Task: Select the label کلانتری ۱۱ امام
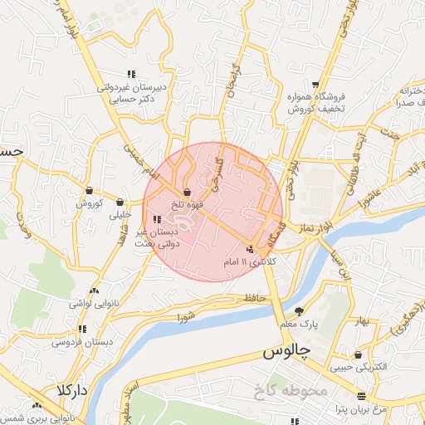tap(249, 261)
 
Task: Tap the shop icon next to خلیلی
tap(120, 202)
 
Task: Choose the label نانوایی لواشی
tap(72, 304)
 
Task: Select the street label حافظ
tap(254, 296)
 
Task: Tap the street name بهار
tap(362, 321)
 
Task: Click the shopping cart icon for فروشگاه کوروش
tap(316, 85)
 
